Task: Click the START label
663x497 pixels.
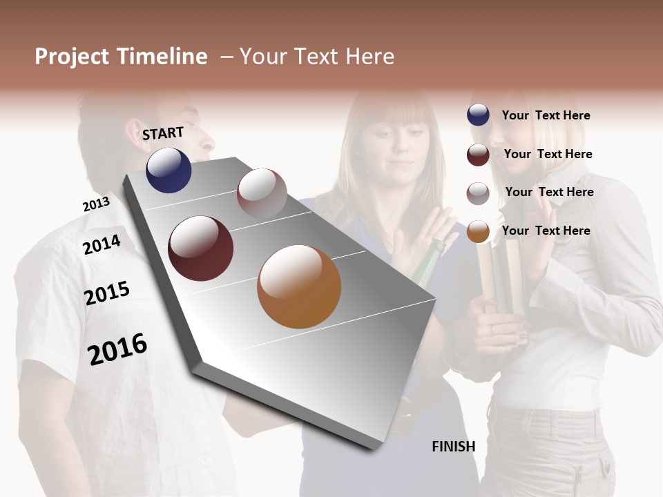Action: (163, 133)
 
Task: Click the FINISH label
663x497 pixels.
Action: (453, 447)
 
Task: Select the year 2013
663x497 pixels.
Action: (96, 204)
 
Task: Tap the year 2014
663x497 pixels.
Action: (102, 244)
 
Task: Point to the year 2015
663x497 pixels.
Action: (106, 293)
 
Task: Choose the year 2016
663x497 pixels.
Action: (117, 349)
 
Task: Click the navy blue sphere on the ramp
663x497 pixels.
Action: (169, 170)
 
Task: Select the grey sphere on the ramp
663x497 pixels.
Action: (262, 193)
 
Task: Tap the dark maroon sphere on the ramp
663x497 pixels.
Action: (201, 248)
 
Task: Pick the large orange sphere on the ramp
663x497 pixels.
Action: (299, 286)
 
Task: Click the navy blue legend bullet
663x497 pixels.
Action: (478, 115)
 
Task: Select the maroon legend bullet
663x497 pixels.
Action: (478, 155)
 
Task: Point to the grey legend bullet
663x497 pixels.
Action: (478, 193)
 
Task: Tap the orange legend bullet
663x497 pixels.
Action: (478, 232)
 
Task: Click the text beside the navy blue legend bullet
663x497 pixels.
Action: (546, 115)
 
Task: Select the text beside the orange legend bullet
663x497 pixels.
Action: (546, 231)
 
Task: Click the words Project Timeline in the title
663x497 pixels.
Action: (121, 57)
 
